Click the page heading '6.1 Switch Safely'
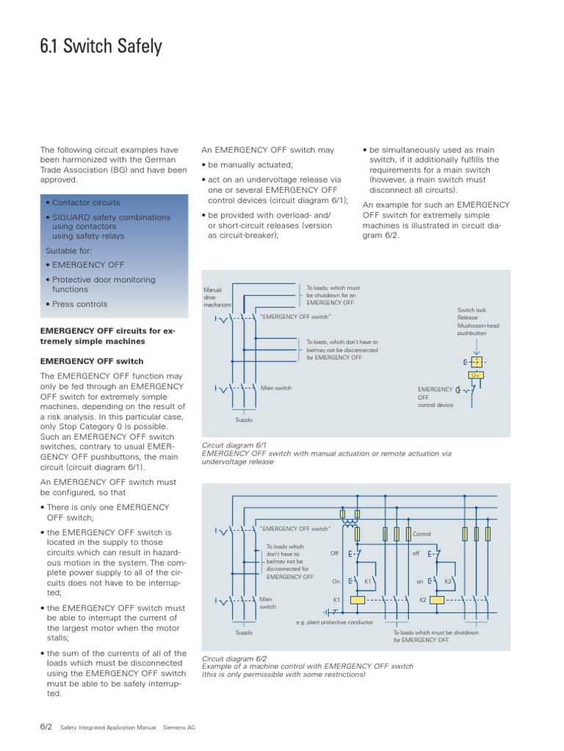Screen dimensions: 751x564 coord(101,47)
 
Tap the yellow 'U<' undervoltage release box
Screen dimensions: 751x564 coord(475,375)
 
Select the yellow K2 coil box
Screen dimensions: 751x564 coord(436,599)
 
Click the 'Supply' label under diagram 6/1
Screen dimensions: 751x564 coord(244,420)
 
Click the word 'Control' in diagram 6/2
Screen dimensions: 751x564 coord(422,534)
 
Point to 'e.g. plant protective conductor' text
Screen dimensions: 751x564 coord(334,622)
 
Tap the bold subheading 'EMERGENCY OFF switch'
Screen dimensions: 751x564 coord(92,362)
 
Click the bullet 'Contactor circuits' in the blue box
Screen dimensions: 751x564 coord(86,202)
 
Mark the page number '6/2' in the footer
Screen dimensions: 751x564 coord(46,727)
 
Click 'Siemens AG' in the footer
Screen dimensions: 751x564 coord(178,728)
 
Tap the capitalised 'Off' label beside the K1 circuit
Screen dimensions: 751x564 coord(334,553)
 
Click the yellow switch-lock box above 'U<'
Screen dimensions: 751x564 coord(475,362)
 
